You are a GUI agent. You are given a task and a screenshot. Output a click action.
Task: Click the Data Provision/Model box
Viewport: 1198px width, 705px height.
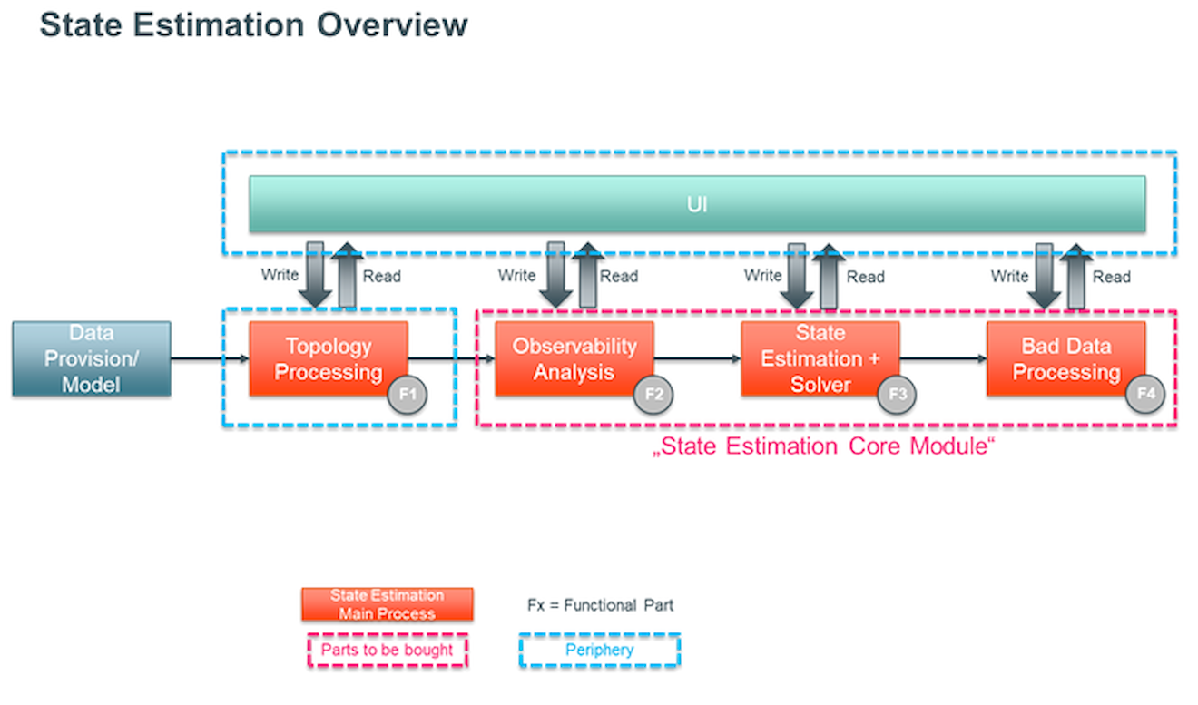click(92, 358)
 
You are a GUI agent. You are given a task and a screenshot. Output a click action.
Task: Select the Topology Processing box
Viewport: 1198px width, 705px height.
click(329, 358)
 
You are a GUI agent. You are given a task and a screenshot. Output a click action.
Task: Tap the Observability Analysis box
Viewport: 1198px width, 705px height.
click(574, 358)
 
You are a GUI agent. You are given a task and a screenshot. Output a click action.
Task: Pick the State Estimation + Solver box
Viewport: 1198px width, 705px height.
click(820, 358)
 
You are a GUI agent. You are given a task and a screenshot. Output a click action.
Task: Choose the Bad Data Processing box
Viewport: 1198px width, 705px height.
click(1065, 358)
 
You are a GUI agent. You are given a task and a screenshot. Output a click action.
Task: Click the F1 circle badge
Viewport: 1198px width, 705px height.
click(408, 395)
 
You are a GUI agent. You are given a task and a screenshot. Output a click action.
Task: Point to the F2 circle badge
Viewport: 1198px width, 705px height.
click(653, 395)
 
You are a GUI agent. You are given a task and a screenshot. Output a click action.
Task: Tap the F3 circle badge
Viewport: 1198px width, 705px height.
click(897, 395)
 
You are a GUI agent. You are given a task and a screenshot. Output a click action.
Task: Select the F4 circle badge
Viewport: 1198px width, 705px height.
click(1145, 394)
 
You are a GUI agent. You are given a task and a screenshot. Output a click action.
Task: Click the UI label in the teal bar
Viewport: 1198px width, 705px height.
click(697, 204)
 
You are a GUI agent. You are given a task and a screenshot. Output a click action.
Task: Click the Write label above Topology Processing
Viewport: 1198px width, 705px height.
click(280, 275)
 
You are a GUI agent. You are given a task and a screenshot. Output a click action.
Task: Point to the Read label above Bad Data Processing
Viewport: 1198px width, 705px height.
click(1112, 277)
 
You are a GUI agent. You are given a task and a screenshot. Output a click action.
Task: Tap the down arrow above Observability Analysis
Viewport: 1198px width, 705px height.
click(555, 275)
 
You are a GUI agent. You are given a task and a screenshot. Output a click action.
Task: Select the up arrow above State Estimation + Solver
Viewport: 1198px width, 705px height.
click(829, 277)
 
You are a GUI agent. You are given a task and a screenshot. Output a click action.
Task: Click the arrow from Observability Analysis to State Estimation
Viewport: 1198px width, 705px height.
click(697, 358)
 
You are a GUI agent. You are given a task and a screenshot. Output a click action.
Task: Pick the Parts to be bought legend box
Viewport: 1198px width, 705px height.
click(388, 650)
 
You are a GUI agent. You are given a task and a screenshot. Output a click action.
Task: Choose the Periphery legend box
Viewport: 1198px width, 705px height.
click(600, 650)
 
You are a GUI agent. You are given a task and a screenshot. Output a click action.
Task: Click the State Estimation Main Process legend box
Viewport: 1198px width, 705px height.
click(388, 604)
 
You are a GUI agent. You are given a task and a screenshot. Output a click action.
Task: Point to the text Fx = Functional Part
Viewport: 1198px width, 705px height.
click(600, 605)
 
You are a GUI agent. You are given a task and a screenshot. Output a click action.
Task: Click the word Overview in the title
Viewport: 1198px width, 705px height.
click(392, 24)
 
